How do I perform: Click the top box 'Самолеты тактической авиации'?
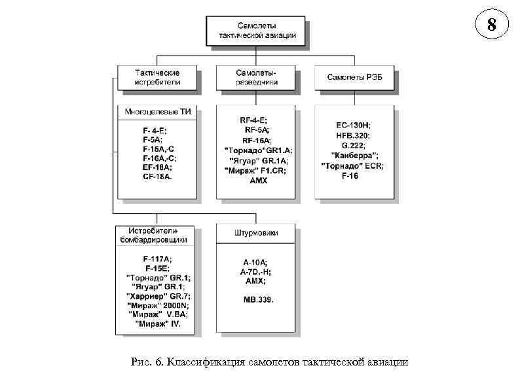(256, 30)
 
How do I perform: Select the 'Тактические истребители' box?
(157, 77)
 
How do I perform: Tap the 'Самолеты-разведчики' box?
(256, 77)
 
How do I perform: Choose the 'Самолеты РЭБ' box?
(354, 77)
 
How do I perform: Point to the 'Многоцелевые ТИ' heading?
(158, 112)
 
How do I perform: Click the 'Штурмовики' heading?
(255, 233)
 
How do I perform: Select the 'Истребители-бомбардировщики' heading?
(157, 235)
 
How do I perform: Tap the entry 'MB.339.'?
(255, 299)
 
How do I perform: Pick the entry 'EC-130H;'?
(354, 125)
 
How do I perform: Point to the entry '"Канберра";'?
(354, 156)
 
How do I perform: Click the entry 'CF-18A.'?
(157, 177)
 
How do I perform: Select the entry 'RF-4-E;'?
(255, 120)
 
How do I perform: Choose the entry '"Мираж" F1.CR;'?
(255, 169)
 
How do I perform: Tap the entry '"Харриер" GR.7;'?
(158, 296)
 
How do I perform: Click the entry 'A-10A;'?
(255, 262)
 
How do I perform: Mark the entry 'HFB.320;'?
(354, 135)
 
